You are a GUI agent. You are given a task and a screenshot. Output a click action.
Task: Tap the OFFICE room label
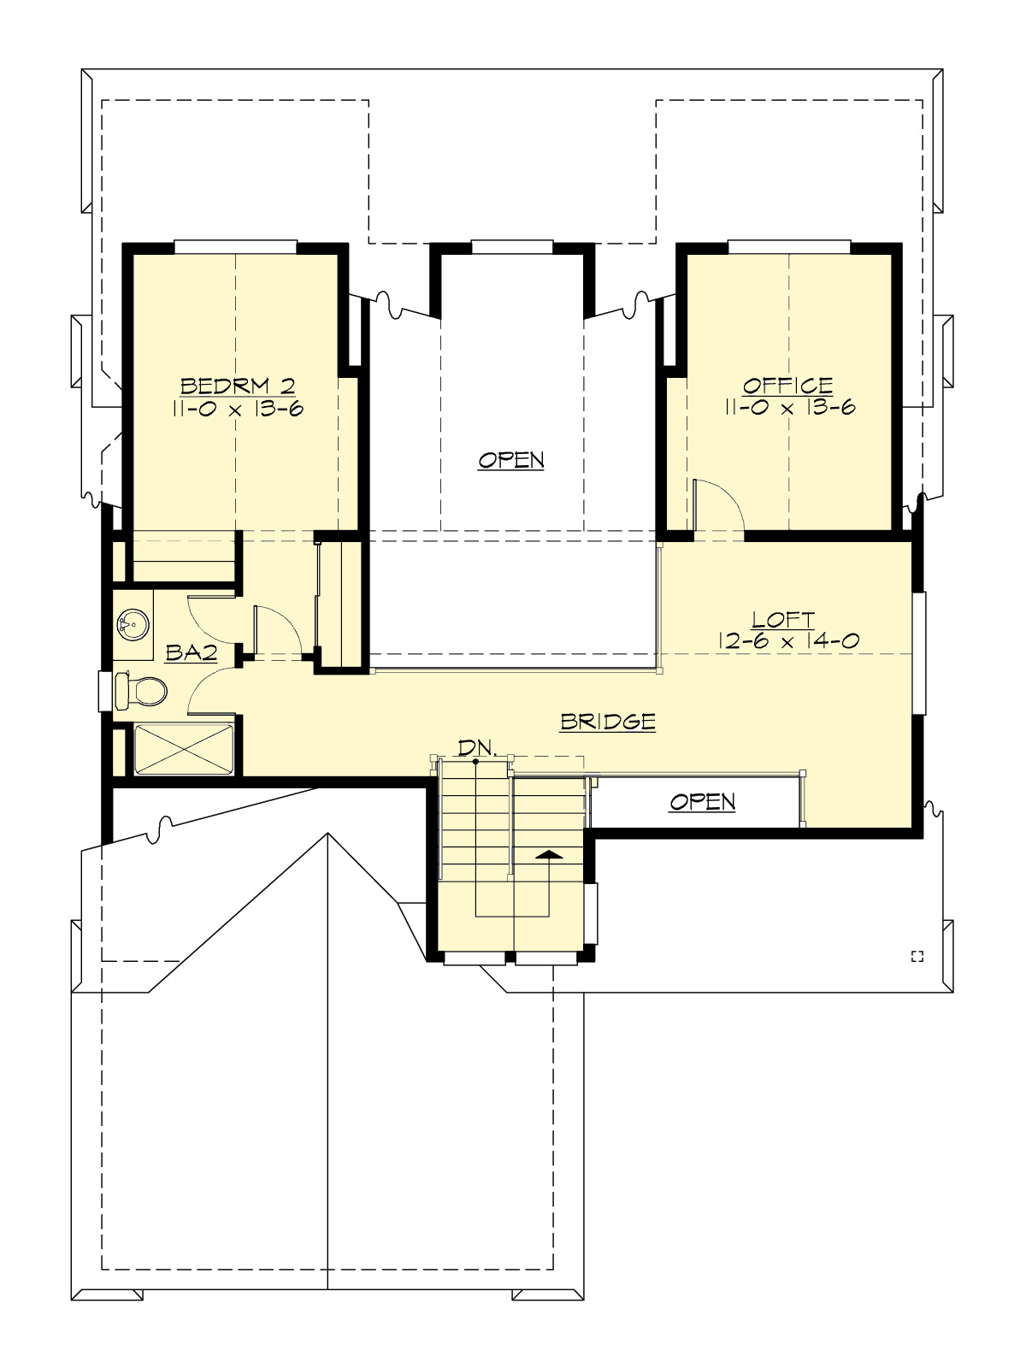tap(787, 386)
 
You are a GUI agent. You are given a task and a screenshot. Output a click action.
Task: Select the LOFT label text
tap(782, 619)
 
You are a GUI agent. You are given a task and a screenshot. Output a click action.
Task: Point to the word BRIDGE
tap(608, 722)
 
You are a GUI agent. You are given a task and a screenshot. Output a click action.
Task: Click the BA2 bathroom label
tap(191, 654)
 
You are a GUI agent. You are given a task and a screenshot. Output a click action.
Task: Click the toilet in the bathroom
tap(142, 691)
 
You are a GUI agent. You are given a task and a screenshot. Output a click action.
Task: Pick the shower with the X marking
tap(184, 750)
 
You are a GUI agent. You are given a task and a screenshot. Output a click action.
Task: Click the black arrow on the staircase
tap(549, 854)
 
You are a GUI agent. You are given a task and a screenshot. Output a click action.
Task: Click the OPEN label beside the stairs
tap(702, 802)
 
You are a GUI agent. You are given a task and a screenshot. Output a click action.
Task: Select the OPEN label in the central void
tap(511, 460)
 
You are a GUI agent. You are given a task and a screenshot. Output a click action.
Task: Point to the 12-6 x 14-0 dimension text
tap(789, 640)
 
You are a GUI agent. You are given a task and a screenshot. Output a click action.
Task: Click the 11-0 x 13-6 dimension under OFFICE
tap(789, 408)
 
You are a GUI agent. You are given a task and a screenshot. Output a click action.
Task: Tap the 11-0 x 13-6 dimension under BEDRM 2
tap(237, 409)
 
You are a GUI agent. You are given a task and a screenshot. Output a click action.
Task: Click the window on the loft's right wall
tap(919, 652)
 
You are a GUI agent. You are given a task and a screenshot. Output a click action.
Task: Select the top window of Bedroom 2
tap(235, 247)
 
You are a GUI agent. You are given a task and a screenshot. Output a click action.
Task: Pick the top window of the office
tap(788, 247)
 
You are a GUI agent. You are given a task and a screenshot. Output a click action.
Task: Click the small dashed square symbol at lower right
tap(917, 956)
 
